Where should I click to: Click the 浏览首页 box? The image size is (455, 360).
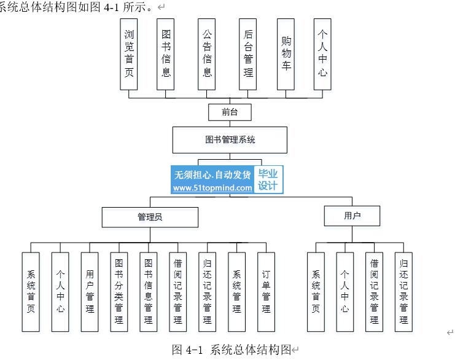(129, 54)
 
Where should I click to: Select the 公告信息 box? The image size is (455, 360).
(206, 54)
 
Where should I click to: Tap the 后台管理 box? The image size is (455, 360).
(248, 54)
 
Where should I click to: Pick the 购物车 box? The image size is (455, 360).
(286, 54)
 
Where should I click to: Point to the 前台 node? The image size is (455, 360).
(230, 112)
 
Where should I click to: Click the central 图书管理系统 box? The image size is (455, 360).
(230, 140)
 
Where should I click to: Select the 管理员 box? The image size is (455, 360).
(150, 217)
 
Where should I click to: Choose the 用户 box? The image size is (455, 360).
(352, 216)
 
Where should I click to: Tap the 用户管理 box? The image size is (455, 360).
(90, 292)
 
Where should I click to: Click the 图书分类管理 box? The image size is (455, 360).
(119, 292)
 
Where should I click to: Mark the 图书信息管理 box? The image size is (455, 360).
(148, 292)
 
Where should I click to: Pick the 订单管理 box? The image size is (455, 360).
(266, 292)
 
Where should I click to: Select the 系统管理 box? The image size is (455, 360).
(237, 292)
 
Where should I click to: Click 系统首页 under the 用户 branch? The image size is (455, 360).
(316, 292)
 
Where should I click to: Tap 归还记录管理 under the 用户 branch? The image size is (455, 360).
(403, 292)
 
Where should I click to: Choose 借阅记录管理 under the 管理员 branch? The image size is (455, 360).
(178, 292)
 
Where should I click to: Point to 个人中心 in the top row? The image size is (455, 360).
(322, 54)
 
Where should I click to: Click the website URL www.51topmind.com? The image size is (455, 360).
(212, 188)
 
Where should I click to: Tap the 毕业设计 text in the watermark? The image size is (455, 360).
(268, 179)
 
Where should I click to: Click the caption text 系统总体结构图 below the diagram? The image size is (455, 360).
(251, 350)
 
